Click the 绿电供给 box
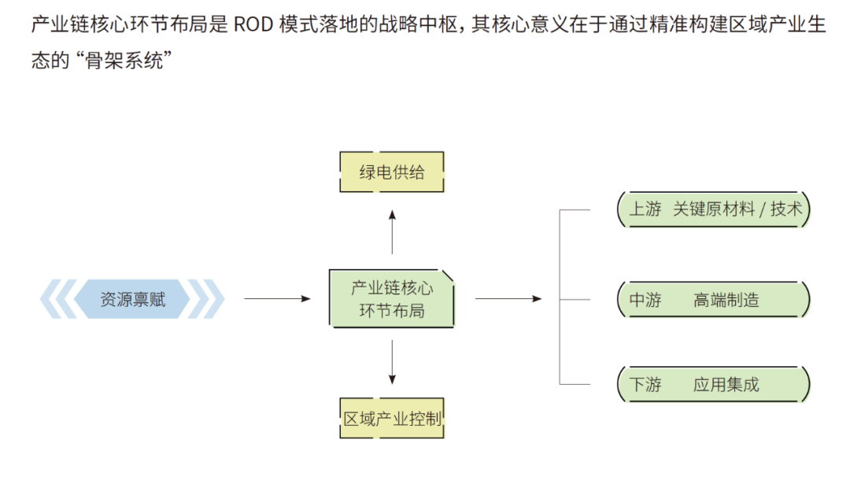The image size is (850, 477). (x=391, y=172)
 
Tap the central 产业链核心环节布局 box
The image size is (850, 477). (x=391, y=298)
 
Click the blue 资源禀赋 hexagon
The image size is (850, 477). (x=132, y=299)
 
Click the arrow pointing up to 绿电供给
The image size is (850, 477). (x=392, y=231)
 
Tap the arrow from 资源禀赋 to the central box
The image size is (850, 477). (x=277, y=299)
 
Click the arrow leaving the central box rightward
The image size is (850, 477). (x=508, y=299)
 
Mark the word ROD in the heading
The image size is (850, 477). (x=253, y=24)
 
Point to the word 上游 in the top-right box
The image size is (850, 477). (x=645, y=209)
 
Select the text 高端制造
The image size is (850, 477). (x=726, y=300)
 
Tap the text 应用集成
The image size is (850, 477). (x=726, y=385)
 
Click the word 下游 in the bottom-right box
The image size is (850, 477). (x=645, y=385)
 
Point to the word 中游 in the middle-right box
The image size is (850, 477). (x=645, y=300)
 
